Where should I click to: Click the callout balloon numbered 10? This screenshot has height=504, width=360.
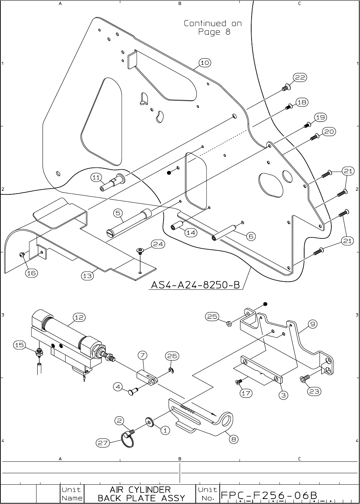[204, 63]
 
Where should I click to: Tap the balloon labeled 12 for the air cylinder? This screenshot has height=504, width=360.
[79, 317]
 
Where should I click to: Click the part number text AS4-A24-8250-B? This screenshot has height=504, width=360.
[195, 285]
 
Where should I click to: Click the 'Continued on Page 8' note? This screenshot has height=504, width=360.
[213, 28]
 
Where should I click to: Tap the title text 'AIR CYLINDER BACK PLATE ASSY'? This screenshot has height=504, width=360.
[141, 494]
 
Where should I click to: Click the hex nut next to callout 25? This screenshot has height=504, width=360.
[230, 324]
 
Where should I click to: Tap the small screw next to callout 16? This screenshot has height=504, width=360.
[22, 255]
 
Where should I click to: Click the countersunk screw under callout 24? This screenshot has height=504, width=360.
[140, 251]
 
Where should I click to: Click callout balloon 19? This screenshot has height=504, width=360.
[320, 117]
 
